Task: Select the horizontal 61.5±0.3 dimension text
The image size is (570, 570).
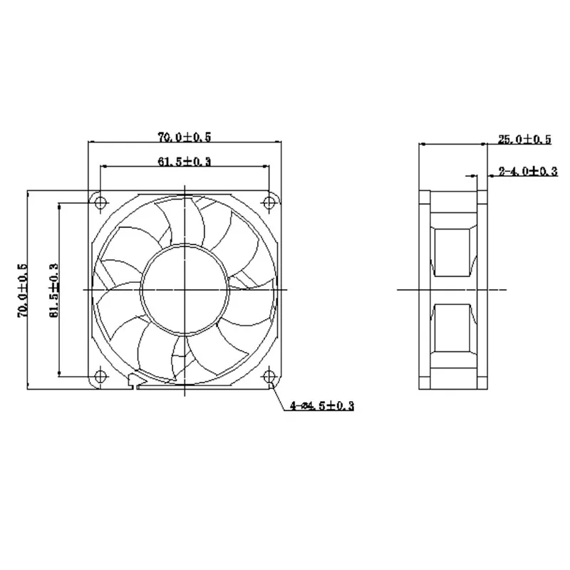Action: pyautogui.click(x=184, y=161)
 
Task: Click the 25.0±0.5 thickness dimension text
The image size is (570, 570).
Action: pyautogui.click(x=524, y=140)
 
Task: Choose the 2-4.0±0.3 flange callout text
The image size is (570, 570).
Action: pyautogui.click(x=527, y=171)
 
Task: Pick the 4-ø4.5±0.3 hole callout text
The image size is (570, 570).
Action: pyautogui.click(x=322, y=405)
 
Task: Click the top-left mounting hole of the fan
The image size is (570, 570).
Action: pyautogui.click(x=100, y=202)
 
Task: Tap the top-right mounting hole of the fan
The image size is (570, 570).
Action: pyautogui.click(x=269, y=202)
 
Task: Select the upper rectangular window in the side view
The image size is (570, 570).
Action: pyautogui.click(x=453, y=252)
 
